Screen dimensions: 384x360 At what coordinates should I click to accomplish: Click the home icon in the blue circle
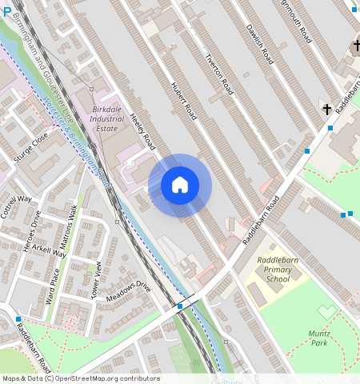[x=180, y=185]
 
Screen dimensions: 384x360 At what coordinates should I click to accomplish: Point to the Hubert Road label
[x=183, y=100]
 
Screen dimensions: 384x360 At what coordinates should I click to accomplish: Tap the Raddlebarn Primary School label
[x=277, y=270]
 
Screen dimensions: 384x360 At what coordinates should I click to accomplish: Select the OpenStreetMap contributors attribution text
[x=80, y=378]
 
